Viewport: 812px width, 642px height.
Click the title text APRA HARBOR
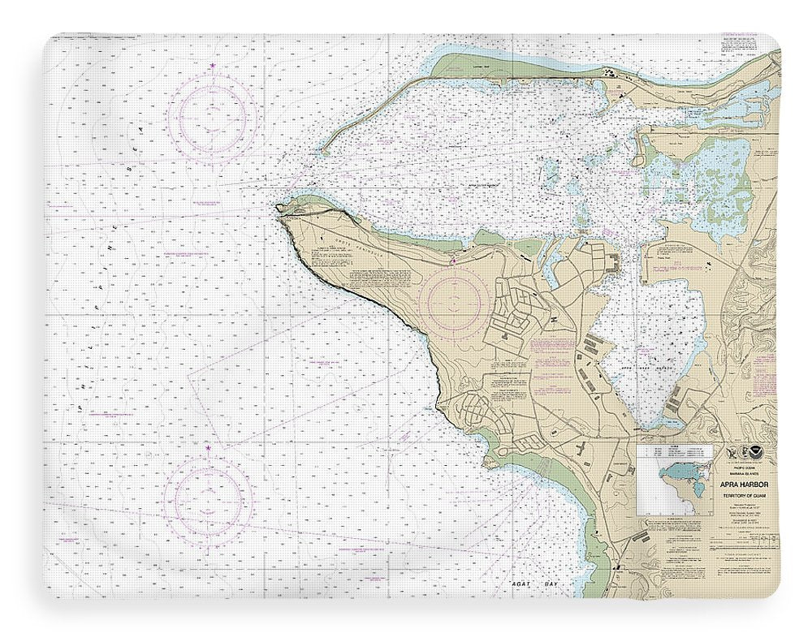point(746,485)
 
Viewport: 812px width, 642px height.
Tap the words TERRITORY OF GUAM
point(746,495)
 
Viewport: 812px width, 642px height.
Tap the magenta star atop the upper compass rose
point(213,66)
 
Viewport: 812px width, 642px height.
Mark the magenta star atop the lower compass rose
point(209,447)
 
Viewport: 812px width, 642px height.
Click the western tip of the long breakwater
point(322,149)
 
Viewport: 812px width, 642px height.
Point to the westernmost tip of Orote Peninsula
point(279,208)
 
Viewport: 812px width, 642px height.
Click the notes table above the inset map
point(674,451)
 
